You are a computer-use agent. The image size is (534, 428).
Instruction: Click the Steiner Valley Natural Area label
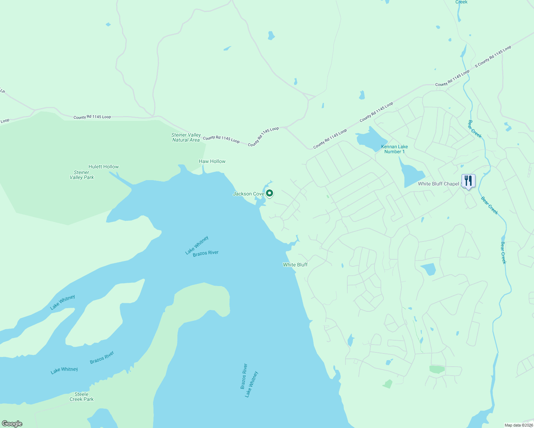(x=186, y=137)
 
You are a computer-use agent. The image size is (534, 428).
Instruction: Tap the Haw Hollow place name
(x=212, y=161)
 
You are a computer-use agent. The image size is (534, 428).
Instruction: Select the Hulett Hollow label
(x=104, y=167)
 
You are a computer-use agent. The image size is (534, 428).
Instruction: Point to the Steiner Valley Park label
(x=82, y=175)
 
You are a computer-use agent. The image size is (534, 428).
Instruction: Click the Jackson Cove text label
(x=248, y=194)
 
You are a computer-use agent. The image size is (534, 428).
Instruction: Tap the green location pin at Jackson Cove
(x=270, y=193)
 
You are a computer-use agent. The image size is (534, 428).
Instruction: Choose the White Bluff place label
(x=295, y=265)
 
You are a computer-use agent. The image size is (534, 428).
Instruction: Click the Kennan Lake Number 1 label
(x=394, y=149)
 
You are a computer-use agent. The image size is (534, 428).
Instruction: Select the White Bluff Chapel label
(x=438, y=184)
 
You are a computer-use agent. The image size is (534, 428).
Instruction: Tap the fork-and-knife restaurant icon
(x=468, y=181)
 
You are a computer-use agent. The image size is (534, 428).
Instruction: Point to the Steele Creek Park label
(x=81, y=397)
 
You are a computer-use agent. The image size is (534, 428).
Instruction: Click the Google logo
(x=12, y=424)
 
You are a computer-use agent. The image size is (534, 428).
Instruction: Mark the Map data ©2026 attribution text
(x=518, y=425)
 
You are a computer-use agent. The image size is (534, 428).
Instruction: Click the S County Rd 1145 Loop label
(x=493, y=56)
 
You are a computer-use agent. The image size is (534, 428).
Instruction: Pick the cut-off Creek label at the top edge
(x=461, y=2)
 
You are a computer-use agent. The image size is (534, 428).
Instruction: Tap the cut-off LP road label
(x=2, y=91)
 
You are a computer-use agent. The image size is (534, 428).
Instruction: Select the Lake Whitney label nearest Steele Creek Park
(x=64, y=370)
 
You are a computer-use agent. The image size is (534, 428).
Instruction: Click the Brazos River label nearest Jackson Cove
(x=206, y=253)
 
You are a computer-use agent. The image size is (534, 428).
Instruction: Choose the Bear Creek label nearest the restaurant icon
(x=489, y=205)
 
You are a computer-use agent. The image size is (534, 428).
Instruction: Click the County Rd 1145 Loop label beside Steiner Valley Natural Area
(x=221, y=139)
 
